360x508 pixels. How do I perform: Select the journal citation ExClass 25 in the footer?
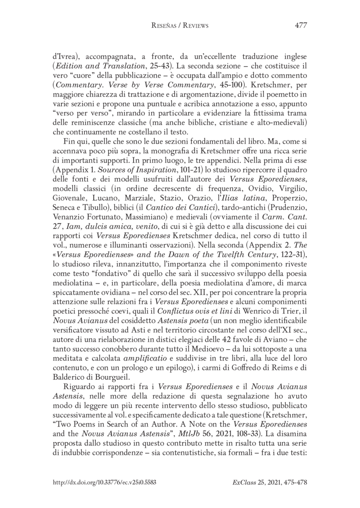click(248, 482)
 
